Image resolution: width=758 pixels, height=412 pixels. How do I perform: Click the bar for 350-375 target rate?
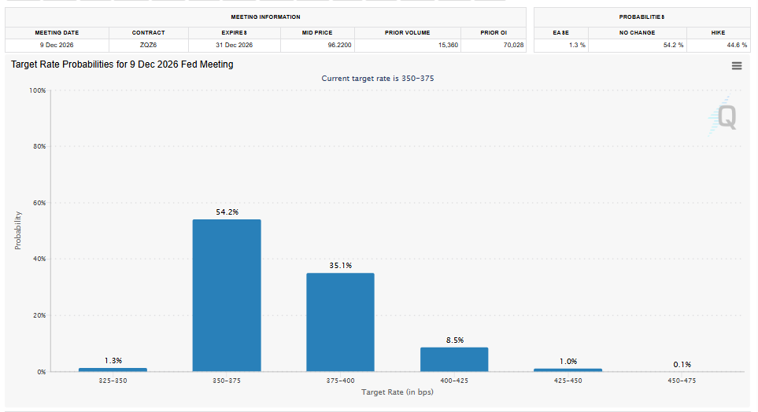point(227,295)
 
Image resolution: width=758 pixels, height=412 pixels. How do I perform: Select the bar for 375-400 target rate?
point(340,322)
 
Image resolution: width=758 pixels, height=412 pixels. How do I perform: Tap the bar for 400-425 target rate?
point(454,359)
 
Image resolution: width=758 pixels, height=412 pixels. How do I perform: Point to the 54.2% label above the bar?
point(227,212)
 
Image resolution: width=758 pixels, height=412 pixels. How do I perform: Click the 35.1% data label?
point(341,266)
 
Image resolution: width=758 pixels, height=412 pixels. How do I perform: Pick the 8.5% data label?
point(454,340)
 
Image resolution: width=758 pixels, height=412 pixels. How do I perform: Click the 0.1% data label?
point(682,364)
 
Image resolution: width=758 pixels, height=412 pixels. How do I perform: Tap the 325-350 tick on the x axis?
point(113,381)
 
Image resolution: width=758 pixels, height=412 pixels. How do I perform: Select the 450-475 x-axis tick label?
point(682,381)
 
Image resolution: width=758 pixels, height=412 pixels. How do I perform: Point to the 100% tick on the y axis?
point(37,91)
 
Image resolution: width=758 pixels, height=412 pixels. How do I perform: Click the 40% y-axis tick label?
point(39,259)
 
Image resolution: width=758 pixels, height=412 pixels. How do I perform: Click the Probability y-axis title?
point(18,230)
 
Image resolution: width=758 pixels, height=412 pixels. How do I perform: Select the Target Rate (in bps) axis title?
point(397,392)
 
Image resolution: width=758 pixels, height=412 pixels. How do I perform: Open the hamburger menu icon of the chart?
point(737,66)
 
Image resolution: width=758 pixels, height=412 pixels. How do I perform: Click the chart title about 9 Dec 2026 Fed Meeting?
point(122,64)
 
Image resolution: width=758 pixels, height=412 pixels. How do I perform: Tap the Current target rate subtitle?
point(378,79)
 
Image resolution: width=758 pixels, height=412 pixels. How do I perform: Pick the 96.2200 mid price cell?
point(318,46)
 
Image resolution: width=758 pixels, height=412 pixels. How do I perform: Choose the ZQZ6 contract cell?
point(148,46)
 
